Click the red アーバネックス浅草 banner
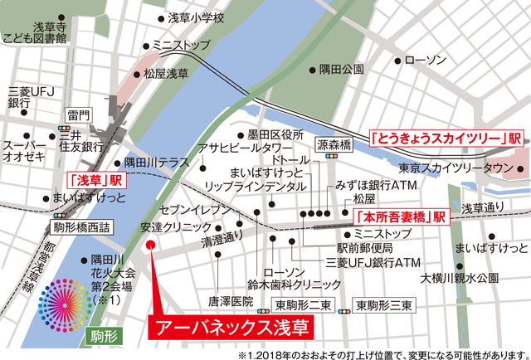(231, 326)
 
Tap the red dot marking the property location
(149, 246)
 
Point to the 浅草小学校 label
(196, 17)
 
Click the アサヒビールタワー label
(240, 149)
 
